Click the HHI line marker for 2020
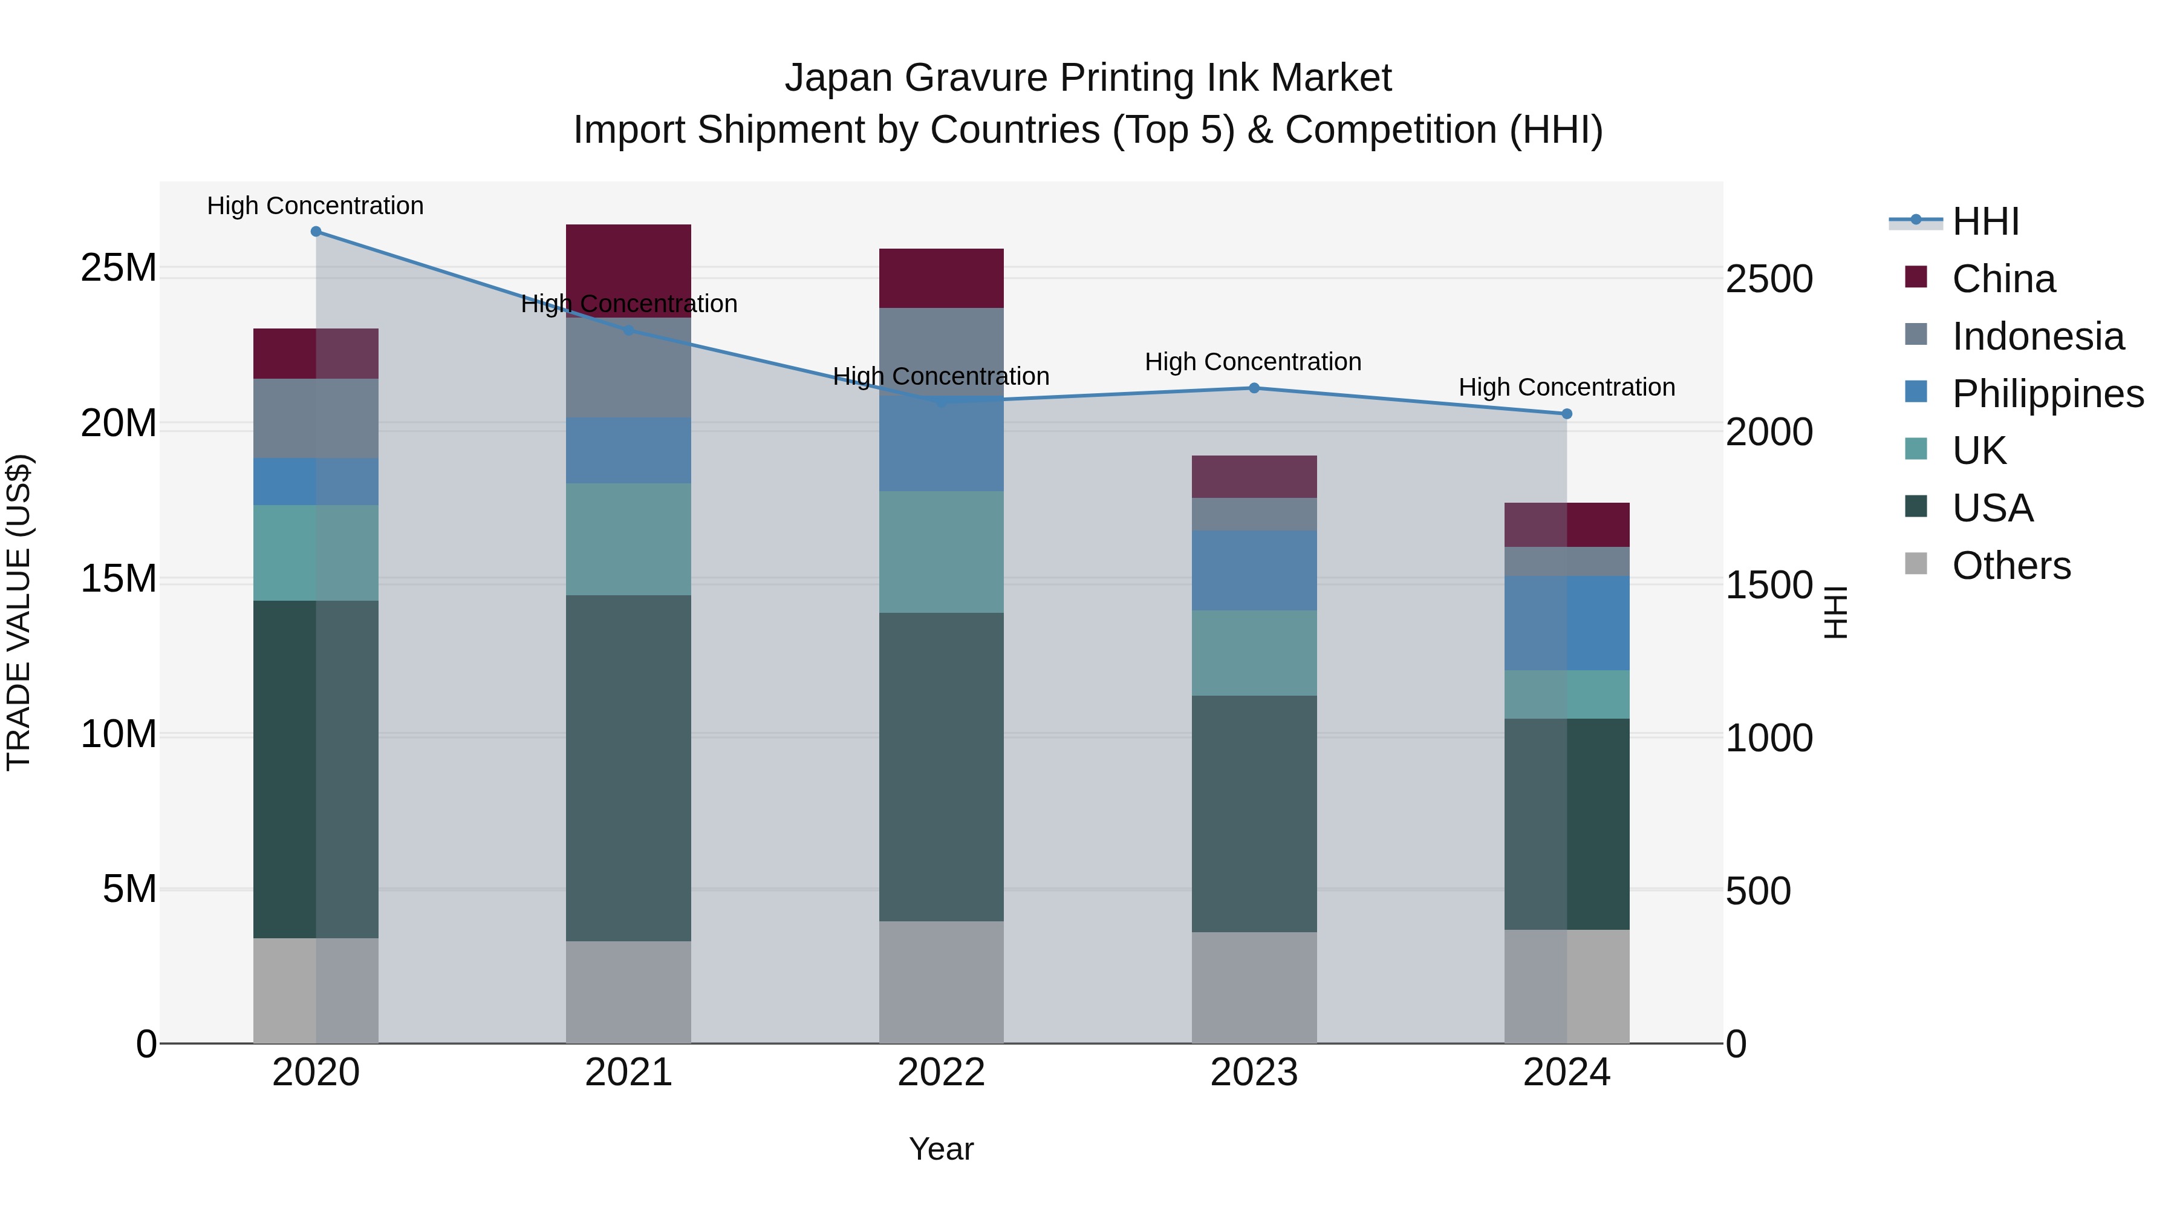(x=316, y=232)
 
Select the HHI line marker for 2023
(x=1254, y=388)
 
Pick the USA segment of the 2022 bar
(x=942, y=767)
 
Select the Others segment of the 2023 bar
(x=1254, y=987)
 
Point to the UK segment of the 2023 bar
(x=1254, y=653)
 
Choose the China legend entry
(x=2003, y=279)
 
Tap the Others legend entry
(x=2011, y=566)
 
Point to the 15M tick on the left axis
(x=119, y=579)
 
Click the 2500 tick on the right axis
(x=1769, y=280)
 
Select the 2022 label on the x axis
(x=942, y=1073)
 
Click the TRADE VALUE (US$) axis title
(x=19, y=612)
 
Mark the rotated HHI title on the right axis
(x=1835, y=612)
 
